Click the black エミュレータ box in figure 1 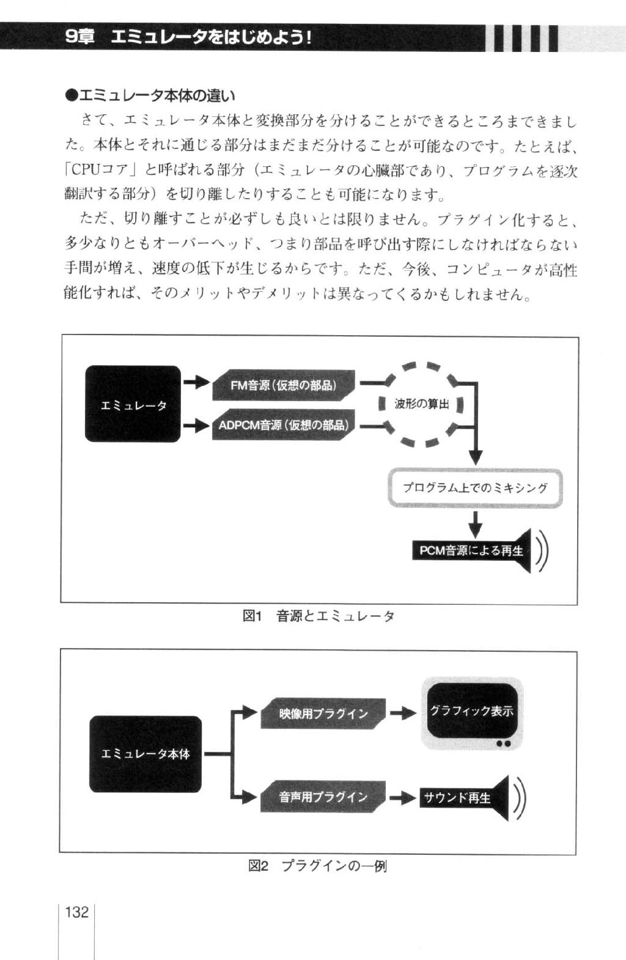[133, 404]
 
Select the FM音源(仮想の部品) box [284, 385]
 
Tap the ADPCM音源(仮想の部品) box [284, 425]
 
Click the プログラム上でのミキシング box [475, 488]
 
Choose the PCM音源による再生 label [471, 551]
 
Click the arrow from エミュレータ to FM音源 [197, 382]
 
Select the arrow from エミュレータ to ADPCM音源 [197, 426]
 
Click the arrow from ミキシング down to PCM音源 [475, 525]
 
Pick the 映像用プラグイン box [323, 714]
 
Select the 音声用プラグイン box [323, 797]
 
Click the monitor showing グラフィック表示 [472, 714]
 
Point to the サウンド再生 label [457, 797]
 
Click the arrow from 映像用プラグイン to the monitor [403, 713]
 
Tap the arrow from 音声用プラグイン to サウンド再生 [403, 797]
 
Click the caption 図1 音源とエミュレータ [318, 616]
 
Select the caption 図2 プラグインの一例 [317, 866]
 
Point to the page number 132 [76, 912]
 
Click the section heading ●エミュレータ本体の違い [150, 95]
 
